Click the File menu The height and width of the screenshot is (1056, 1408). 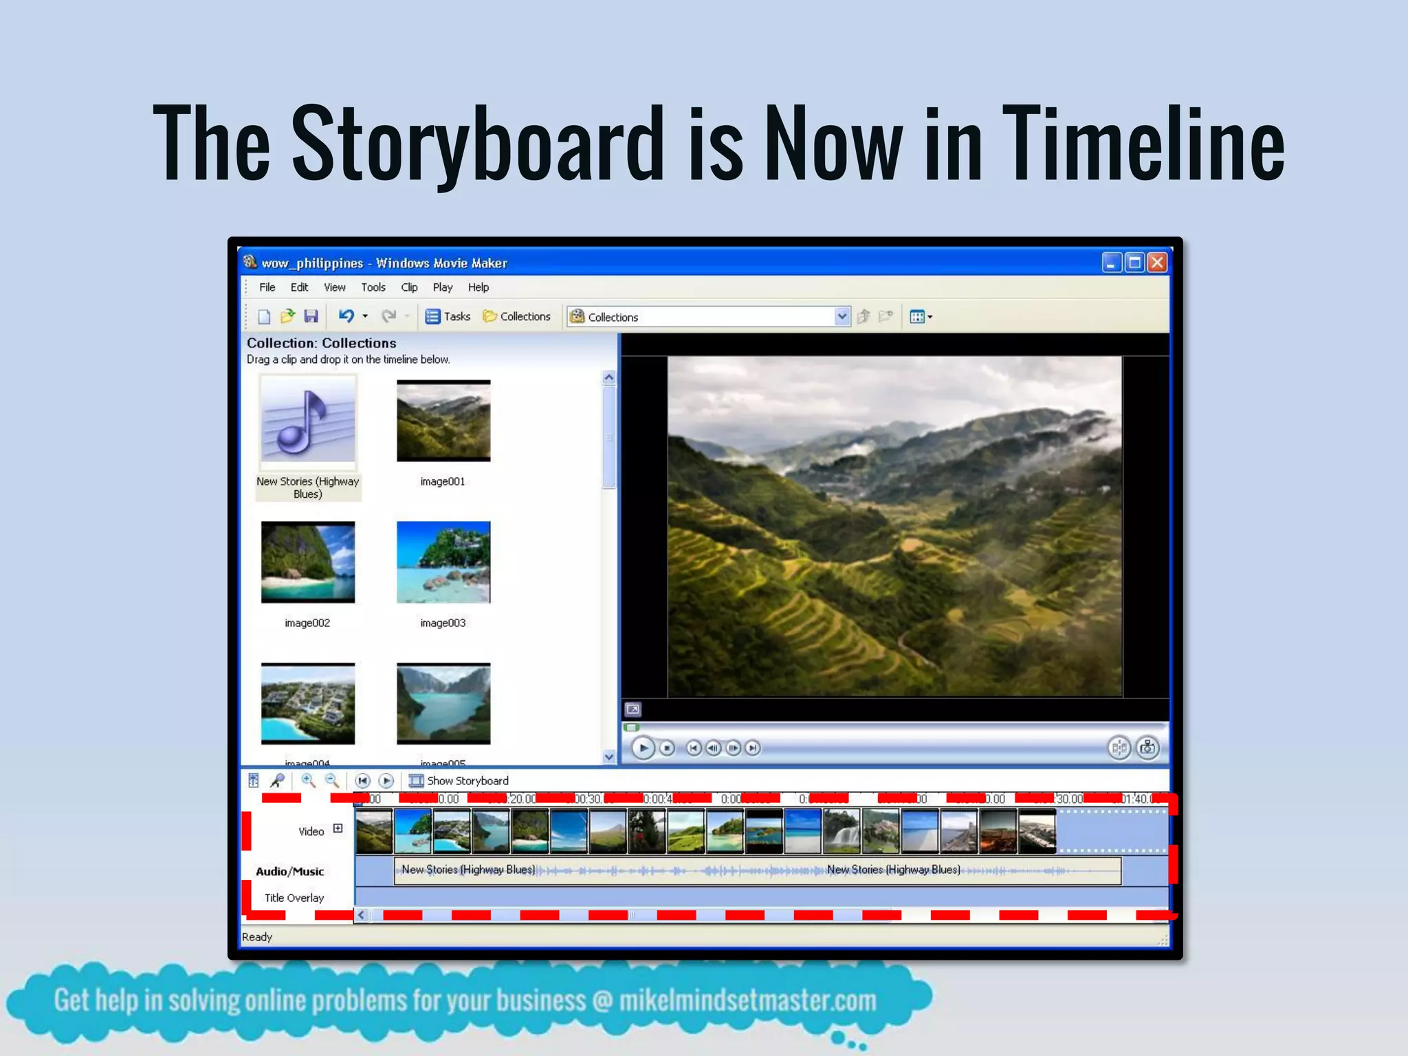click(x=267, y=287)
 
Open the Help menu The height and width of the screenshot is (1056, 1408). click(x=478, y=287)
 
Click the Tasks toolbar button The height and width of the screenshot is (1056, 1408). click(x=448, y=316)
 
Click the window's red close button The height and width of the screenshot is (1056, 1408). click(x=1157, y=263)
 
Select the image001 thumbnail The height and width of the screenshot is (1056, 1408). click(x=443, y=421)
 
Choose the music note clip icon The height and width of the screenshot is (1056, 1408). click(x=308, y=421)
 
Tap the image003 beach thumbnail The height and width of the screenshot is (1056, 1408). click(x=443, y=562)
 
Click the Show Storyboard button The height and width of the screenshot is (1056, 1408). click(x=459, y=781)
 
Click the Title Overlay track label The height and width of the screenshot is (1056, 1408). click(x=294, y=898)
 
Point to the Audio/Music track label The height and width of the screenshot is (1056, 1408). click(x=289, y=872)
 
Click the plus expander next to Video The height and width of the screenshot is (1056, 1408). click(x=338, y=828)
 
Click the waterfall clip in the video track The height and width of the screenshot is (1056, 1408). click(x=841, y=831)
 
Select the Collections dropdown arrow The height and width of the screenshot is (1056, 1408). click(x=841, y=316)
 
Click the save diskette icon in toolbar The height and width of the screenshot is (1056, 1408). click(x=311, y=316)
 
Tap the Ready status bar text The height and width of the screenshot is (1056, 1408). click(x=257, y=937)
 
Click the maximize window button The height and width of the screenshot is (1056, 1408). click(x=1134, y=263)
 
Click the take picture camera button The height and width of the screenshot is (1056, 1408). click(x=1147, y=748)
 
